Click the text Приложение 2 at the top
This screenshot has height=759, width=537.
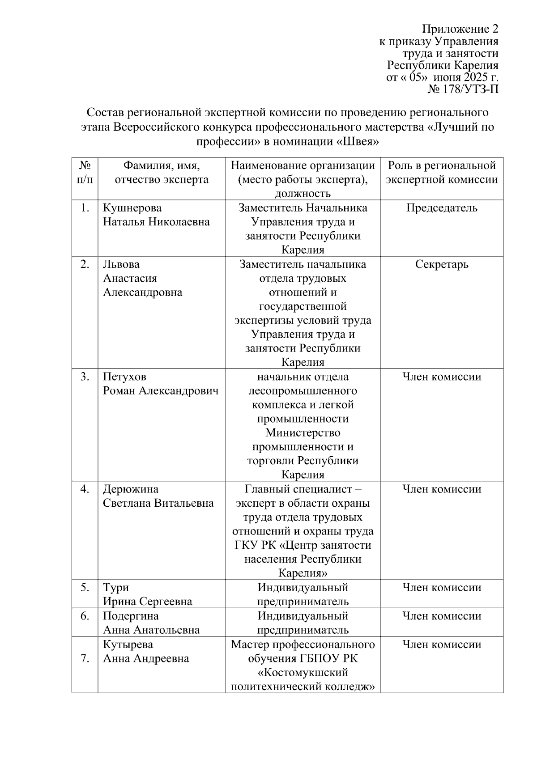[460, 30]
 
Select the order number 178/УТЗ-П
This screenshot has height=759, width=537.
[470, 89]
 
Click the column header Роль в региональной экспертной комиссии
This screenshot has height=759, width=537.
[442, 173]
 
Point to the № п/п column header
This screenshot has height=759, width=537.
[85, 173]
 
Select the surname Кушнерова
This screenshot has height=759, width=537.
[132, 208]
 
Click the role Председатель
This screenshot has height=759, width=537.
[442, 208]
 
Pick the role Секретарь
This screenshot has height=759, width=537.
[442, 264]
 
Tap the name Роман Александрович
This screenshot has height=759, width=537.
[161, 391]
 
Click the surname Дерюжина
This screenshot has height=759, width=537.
[131, 489]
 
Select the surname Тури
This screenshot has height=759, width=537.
[116, 588]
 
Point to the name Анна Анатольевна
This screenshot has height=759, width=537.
[151, 630]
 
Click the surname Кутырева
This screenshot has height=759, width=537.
[128, 645]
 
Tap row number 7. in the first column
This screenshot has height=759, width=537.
[85, 659]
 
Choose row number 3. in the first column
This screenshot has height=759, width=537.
[85, 377]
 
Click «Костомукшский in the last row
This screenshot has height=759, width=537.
[303, 673]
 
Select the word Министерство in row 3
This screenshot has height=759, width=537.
[303, 433]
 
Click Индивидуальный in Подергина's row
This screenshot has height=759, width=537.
[303, 616]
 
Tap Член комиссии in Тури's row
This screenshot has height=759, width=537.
[442, 588]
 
